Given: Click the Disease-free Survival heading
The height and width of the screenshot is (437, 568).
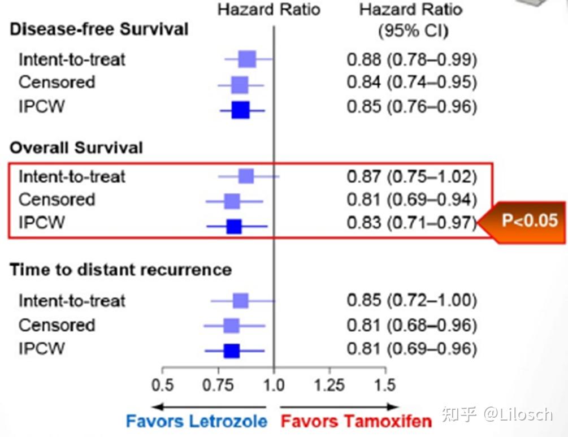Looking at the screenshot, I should point(99,29).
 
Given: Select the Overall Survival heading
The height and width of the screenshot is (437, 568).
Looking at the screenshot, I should point(76,148).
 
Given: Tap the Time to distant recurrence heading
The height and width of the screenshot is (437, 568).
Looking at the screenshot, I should point(120,269).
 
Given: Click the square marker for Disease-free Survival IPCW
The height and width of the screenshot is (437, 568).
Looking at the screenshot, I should point(240,109).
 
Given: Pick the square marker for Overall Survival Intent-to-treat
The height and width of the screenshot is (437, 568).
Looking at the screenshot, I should point(246,176).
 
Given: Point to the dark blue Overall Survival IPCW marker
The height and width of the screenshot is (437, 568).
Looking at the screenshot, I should point(234,226).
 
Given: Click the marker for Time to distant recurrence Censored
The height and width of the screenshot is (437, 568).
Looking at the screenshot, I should point(231,326).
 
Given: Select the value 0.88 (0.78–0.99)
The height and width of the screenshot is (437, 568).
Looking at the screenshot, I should point(411,59).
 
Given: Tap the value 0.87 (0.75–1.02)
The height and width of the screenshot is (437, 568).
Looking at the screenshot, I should point(411,176).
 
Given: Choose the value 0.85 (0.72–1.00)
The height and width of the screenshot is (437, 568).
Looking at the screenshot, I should point(411,300).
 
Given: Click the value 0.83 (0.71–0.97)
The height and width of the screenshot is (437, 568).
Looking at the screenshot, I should point(411,223).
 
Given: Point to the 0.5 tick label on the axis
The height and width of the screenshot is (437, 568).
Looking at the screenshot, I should point(163,385).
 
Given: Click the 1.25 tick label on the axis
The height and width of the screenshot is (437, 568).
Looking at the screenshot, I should point(329,385).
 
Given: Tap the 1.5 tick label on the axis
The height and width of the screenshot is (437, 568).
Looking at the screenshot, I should point(385,385).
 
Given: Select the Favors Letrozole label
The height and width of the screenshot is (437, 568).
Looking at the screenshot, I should point(196,421).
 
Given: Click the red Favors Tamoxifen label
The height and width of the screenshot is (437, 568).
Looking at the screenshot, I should point(356,421).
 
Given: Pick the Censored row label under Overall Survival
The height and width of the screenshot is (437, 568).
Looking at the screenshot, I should point(57,200).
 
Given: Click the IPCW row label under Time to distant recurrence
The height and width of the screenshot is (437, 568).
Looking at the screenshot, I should point(41,348).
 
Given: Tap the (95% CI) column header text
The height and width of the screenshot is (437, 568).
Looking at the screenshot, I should point(413,31).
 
